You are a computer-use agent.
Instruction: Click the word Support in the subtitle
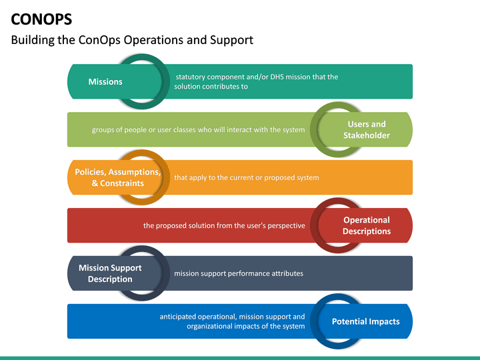[x=231, y=40]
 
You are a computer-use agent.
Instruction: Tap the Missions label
[x=105, y=82]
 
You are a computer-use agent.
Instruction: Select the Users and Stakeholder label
[x=367, y=130]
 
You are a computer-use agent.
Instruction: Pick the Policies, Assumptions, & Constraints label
[x=117, y=177]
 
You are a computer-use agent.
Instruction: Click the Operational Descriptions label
[x=367, y=225]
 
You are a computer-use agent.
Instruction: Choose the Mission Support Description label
[x=110, y=273]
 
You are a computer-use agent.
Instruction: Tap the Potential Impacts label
[x=366, y=321]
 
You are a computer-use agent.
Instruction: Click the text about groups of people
[x=198, y=129]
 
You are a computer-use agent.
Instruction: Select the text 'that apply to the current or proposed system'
[x=246, y=177]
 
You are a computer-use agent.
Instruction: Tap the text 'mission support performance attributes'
[x=239, y=273]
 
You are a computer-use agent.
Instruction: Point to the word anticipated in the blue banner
[x=180, y=317]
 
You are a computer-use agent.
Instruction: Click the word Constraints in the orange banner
[x=121, y=183]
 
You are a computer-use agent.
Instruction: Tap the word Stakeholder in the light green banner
[x=367, y=136]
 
